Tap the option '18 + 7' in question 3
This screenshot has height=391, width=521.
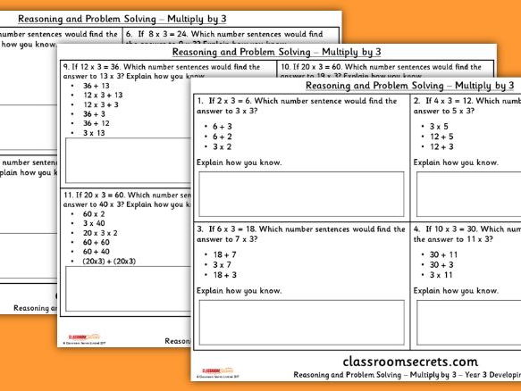223,254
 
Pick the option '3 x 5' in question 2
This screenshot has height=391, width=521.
439,126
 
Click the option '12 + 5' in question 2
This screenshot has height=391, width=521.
441,137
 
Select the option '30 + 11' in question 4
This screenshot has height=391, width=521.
443,254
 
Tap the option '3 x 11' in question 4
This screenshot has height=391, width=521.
441,275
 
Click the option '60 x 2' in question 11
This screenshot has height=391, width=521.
94,214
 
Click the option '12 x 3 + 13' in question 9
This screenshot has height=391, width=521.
102,95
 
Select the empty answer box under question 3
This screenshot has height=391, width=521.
300,322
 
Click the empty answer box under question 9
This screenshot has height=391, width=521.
125,161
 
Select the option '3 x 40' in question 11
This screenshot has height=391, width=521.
94,223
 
